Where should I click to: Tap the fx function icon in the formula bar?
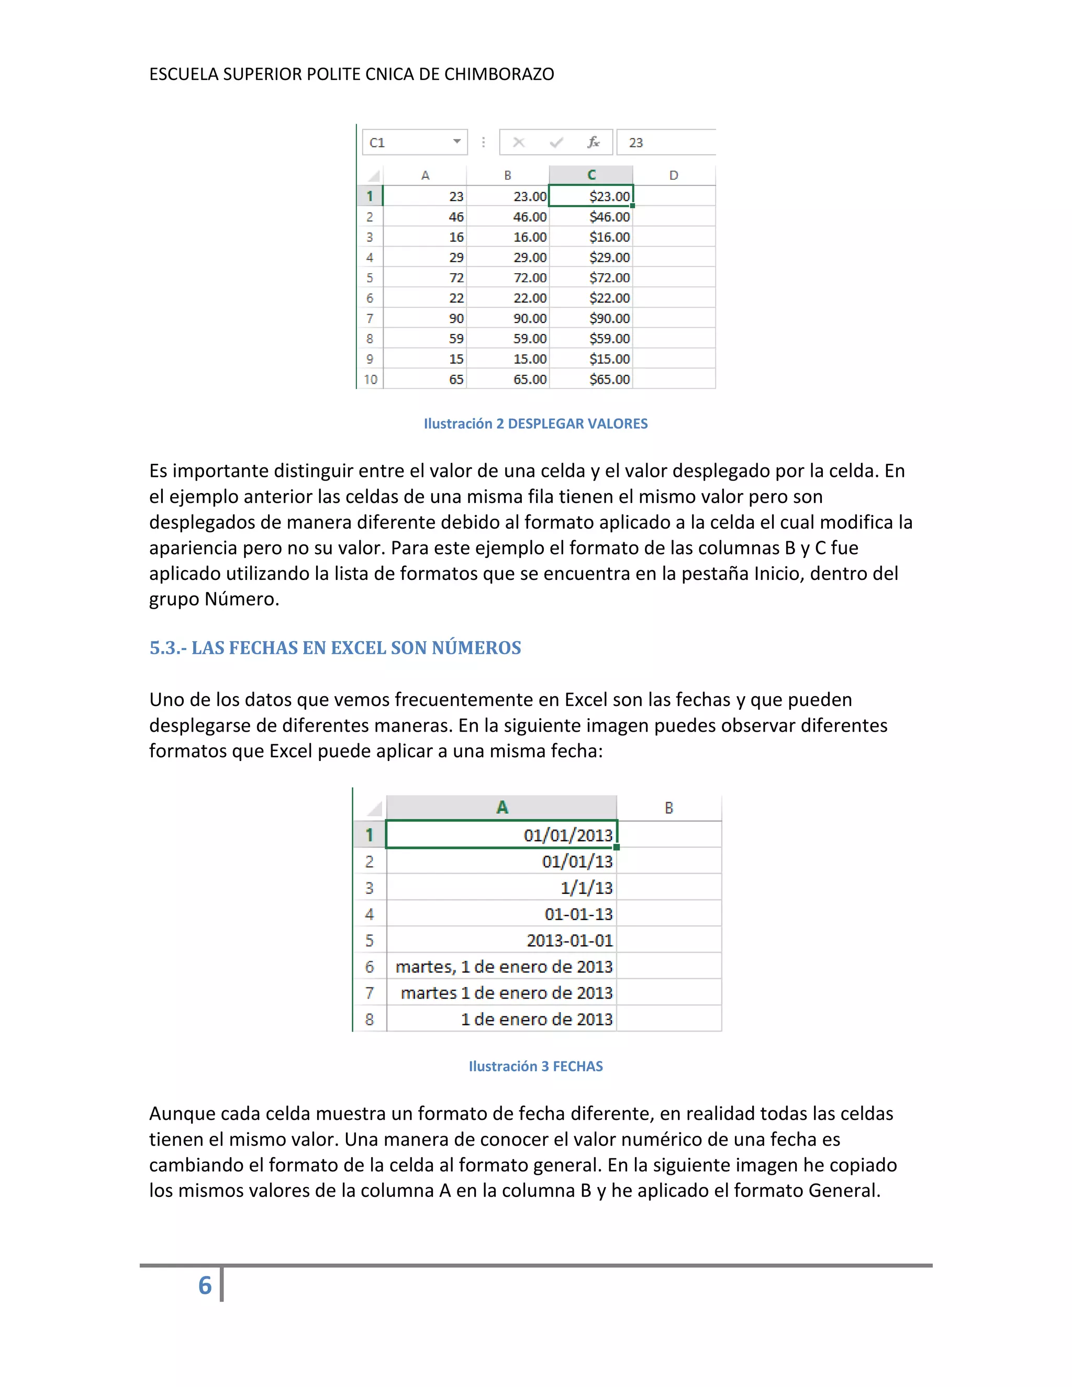click(x=593, y=142)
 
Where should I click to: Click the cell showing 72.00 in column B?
click(x=508, y=277)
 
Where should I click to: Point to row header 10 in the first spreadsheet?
click(x=370, y=379)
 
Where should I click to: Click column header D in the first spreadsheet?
click(x=674, y=175)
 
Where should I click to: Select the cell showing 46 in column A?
click(x=426, y=217)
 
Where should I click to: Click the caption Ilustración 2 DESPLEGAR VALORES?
click(x=535, y=423)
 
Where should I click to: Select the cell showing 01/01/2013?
click(x=501, y=834)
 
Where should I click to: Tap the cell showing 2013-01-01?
click(x=501, y=940)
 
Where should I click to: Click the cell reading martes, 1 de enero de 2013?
click(x=501, y=967)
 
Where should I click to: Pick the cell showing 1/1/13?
click(x=501, y=887)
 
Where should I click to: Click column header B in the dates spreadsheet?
click(x=669, y=808)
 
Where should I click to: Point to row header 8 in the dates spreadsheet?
click(x=370, y=1019)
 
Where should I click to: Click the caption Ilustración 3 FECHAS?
click(x=535, y=1066)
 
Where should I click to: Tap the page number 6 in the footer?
click(x=205, y=1285)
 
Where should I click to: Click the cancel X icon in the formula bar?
click(x=519, y=142)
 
